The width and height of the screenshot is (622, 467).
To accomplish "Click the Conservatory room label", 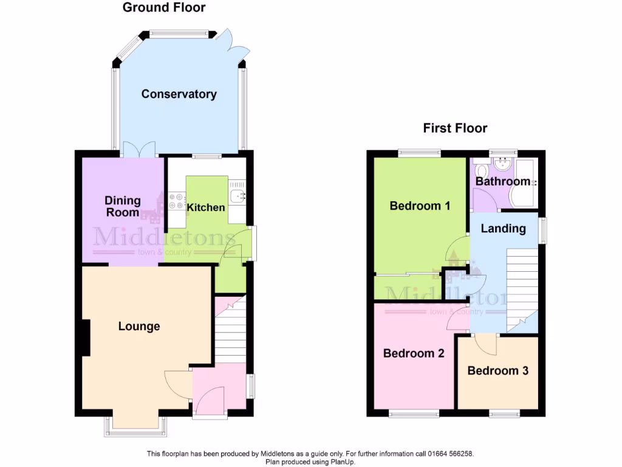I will click(x=179, y=94).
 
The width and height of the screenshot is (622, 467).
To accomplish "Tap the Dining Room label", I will click(x=122, y=206).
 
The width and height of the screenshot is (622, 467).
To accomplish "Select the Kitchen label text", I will click(x=206, y=207).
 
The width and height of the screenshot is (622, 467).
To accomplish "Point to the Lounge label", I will click(x=139, y=327).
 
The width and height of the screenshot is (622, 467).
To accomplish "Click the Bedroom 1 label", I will click(x=420, y=206).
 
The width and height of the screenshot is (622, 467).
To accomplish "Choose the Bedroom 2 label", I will click(x=414, y=353).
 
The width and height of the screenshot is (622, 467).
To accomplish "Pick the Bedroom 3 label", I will click(x=497, y=370).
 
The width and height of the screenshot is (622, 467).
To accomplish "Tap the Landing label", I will click(x=503, y=229).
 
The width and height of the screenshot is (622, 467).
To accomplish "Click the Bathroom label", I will click(x=503, y=181).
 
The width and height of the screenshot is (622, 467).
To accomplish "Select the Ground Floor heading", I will click(x=164, y=8).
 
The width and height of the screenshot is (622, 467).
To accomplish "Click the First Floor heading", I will click(x=455, y=128).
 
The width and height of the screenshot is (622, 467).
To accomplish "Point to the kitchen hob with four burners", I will click(x=176, y=201).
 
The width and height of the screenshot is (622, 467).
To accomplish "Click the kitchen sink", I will click(x=238, y=195).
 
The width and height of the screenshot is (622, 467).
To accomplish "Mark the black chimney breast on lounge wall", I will click(x=86, y=337).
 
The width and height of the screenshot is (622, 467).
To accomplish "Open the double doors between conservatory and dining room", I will click(x=139, y=150).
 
